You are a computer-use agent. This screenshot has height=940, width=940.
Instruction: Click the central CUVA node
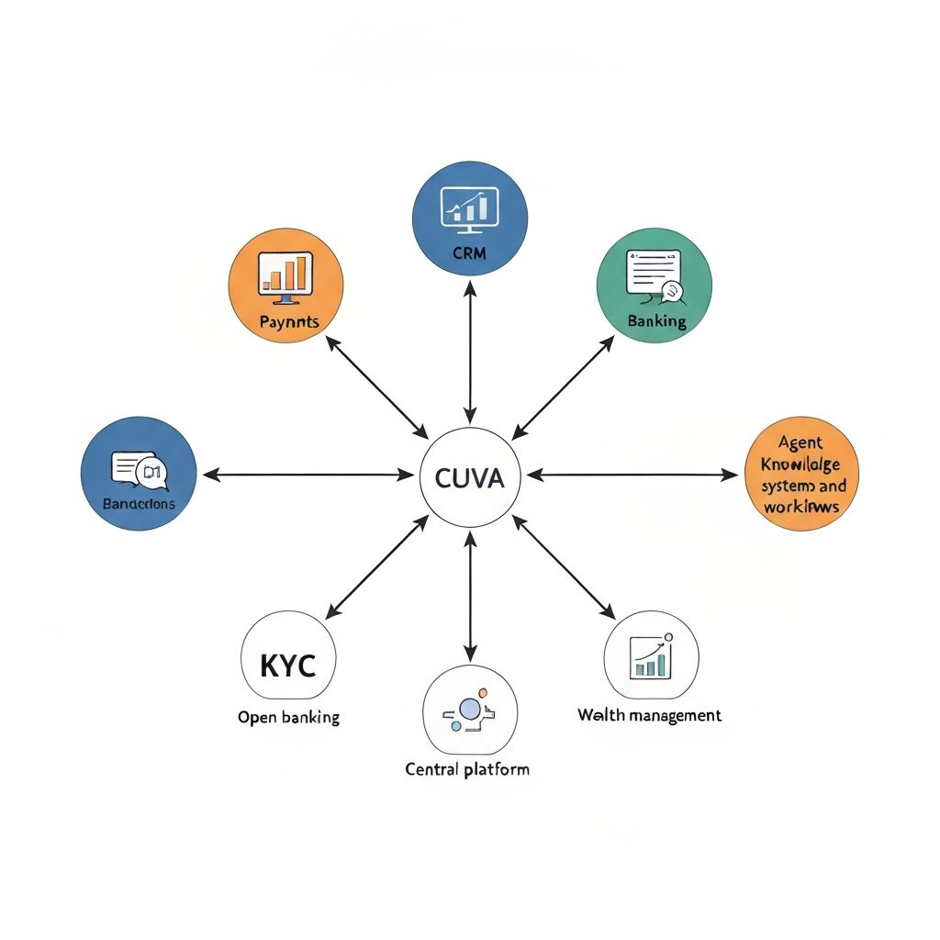(469, 477)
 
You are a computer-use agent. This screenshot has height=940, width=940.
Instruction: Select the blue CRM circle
(470, 218)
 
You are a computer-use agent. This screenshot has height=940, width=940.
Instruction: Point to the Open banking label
(288, 717)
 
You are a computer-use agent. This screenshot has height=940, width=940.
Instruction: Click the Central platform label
(467, 768)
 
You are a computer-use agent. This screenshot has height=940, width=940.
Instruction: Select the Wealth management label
(649, 715)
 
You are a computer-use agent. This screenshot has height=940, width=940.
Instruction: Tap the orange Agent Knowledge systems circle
(801, 476)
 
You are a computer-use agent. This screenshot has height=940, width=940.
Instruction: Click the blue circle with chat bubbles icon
(139, 475)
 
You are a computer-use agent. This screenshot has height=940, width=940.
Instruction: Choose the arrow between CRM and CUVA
(470, 352)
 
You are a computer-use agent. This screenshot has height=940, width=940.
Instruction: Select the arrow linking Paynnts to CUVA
(377, 386)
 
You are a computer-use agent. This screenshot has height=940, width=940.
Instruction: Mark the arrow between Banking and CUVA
(563, 386)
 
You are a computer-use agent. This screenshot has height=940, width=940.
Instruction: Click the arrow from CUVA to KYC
(377, 566)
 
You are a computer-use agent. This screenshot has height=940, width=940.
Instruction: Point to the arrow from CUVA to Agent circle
(633, 475)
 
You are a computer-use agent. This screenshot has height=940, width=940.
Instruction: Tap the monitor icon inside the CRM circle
(470, 207)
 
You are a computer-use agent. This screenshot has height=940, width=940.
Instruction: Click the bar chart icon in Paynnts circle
(285, 274)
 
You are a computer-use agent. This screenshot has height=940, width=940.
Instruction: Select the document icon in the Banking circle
(655, 273)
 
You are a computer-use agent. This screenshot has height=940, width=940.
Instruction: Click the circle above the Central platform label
(469, 711)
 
